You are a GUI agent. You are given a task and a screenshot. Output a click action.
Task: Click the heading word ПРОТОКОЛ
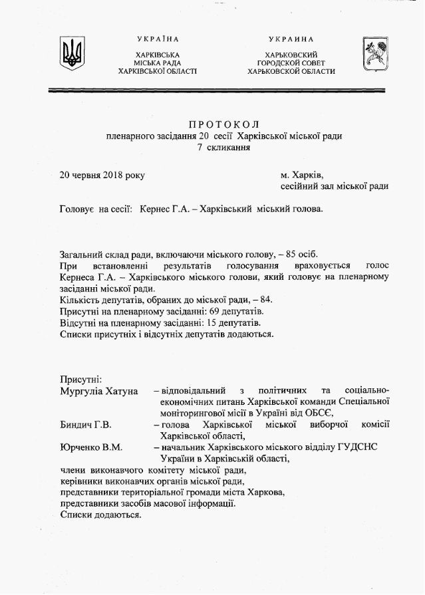tap(223, 124)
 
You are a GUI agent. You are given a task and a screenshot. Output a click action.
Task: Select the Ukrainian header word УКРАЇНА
tap(157, 39)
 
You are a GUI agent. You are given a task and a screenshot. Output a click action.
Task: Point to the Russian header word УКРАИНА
tap(291, 39)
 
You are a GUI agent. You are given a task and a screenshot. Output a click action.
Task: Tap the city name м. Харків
tap(301, 176)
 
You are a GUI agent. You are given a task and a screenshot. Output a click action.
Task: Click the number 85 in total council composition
tap(294, 254)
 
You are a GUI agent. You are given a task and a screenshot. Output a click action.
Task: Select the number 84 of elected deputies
tap(263, 299)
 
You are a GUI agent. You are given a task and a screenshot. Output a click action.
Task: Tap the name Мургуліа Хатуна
tap(98, 391)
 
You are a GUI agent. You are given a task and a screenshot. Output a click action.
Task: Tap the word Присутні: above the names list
tap(81, 378)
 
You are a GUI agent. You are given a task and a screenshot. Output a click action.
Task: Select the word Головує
tap(78, 209)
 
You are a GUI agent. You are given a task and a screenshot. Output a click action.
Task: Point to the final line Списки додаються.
tap(100, 515)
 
